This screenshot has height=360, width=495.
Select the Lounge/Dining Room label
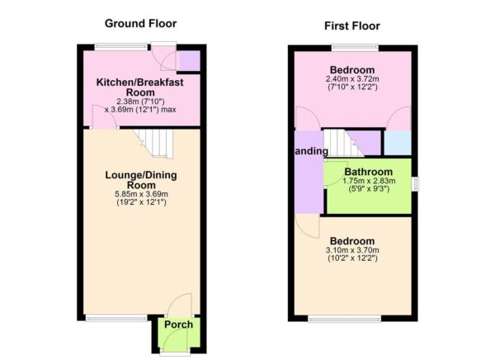[140, 181]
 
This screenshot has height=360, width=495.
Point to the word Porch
[178, 324]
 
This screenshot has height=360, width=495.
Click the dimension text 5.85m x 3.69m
[140, 194]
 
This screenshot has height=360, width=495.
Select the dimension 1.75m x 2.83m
[368, 183]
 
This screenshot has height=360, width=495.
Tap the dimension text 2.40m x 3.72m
[352, 79]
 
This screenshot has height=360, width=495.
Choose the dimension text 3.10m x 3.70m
[352, 251]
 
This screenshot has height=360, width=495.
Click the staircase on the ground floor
[154, 143]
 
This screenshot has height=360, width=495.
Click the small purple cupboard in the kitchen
[189, 61]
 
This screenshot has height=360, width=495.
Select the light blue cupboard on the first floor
[397, 142]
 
